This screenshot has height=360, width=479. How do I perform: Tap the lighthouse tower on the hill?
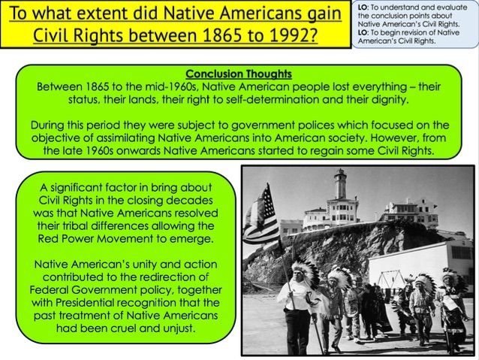click(x=341, y=185)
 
